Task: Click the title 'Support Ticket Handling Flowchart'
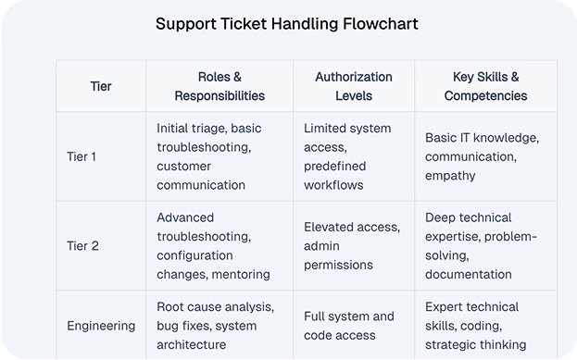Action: point(287,23)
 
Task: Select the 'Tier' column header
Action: point(101,86)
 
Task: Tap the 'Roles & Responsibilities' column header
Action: point(219,86)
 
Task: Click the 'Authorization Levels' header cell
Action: point(353,86)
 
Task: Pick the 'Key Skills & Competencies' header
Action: point(485,86)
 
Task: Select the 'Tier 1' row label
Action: point(82,156)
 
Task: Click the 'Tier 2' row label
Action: point(82,245)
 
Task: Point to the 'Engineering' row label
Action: point(101,326)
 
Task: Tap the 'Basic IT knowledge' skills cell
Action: point(482,156)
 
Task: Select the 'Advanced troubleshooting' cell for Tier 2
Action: point(213,245)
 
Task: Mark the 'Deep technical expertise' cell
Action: point(481,245)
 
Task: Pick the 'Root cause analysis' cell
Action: point(216,326)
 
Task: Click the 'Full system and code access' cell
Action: point(349,326)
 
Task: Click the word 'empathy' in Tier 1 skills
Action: point(450,175)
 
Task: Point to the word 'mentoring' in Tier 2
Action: point(241,274)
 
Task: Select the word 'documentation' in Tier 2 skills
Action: point(469,274)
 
